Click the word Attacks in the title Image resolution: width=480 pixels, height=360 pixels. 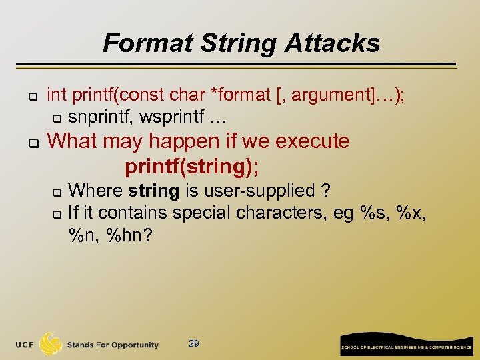click(x=333, y=43)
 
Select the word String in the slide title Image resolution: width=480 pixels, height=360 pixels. click(x=231, y=43)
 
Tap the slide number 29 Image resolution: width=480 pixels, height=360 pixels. click(x=194, y=343)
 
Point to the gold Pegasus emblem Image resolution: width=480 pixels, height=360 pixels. click(x=51, y=343)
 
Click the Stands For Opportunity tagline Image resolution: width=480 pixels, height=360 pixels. click(x=113, y=345)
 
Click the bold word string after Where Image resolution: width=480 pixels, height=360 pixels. click(x=154, y=191)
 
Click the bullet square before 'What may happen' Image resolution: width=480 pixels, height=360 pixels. click(x=31, y=142)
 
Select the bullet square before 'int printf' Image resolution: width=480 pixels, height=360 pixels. click(x=31, y=97)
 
